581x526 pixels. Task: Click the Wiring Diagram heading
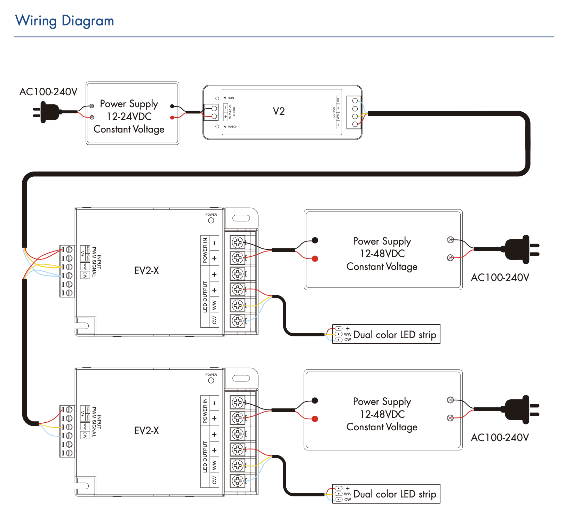[x=65, y=21]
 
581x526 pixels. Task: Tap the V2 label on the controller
[x=279, y=111]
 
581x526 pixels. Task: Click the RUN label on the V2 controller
[x=231, y=98]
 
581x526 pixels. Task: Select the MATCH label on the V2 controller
[x=232, y=127]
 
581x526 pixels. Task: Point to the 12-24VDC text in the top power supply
[x=129, y=116]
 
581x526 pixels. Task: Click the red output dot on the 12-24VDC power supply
[x=172, y=118]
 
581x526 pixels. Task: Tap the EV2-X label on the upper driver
[x=146, y=271]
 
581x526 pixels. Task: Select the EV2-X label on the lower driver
[x=146, y=431]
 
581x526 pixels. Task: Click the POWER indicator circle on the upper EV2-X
[x=211, y=221]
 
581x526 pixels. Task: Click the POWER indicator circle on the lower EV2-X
[x=211, y=381]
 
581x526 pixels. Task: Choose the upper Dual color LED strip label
[x=395, y=335]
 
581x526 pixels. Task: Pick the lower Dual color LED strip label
[x=395, y=494]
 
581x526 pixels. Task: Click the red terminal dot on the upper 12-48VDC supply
[x=315, y=258]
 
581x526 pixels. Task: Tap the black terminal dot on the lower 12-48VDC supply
[x=315, y=400]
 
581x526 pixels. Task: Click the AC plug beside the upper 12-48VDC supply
[x=520, y=249]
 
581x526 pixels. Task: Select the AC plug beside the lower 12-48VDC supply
[x=520, y=409]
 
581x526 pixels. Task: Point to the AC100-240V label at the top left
[x=48, y=92]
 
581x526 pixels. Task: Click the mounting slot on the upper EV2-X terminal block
[x=241, y=218]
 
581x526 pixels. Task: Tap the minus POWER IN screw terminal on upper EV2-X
[x=238, y=242]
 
